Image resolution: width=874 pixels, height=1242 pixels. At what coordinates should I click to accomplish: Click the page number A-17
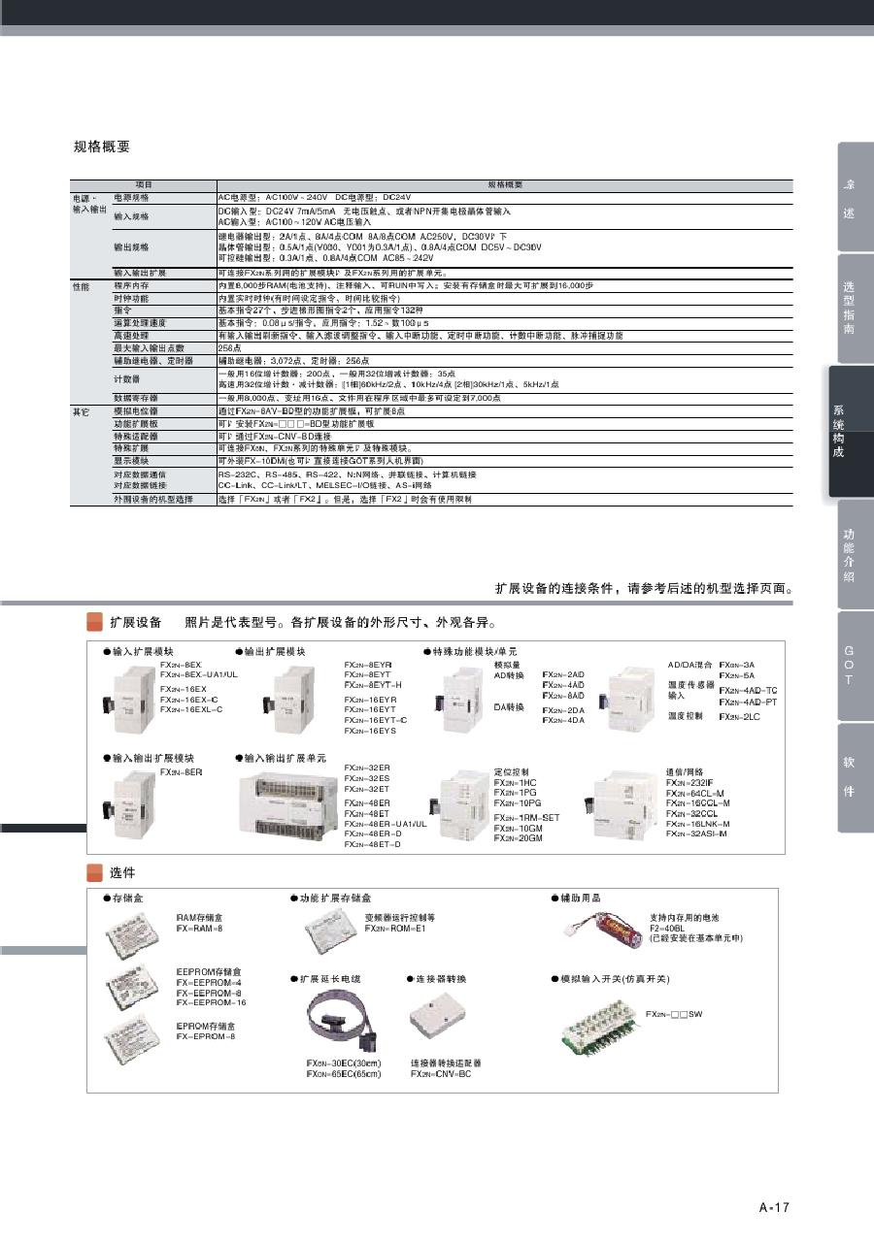[774, 1207]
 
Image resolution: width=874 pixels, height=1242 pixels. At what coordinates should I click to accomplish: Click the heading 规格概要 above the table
[102, 147]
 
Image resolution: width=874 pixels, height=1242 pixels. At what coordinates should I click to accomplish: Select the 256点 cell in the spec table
[229, 347]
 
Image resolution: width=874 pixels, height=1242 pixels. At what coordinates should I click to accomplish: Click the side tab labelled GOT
[848, 665]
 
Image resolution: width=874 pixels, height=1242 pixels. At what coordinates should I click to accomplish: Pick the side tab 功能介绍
[848, 555]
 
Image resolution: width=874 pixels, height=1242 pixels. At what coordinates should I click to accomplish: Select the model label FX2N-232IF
[689, 782]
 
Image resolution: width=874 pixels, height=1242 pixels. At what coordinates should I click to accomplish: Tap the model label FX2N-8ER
[182, 771]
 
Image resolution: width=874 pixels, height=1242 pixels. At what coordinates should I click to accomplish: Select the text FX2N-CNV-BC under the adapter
[440, 1074]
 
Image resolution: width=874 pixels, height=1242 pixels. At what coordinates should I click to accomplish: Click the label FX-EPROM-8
[206, 1036]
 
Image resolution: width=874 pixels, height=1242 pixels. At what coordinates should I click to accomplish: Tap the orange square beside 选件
[94, 872]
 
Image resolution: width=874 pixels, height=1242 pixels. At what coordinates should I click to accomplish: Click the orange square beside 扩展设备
[94, 621]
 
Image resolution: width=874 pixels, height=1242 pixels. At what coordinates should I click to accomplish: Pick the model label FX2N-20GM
[518, 838]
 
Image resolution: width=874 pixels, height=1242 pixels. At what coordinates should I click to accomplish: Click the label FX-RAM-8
[199, 929]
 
